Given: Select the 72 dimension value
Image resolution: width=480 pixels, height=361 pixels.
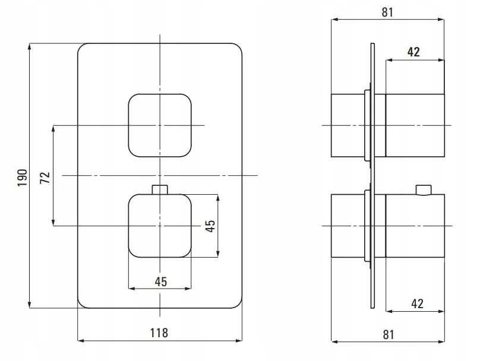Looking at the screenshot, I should (44, 176).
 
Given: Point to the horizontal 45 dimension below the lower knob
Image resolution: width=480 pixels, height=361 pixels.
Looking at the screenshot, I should (160, 282).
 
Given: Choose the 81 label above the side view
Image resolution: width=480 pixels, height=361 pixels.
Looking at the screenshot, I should (388, 12).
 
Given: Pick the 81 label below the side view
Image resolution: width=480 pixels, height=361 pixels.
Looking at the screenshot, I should (388, 334).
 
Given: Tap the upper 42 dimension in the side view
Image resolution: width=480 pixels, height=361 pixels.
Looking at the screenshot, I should (413, 52).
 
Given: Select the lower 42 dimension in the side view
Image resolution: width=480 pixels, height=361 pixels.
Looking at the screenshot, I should (416, 303).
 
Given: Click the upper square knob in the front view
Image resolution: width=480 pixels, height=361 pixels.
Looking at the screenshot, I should (160, 125).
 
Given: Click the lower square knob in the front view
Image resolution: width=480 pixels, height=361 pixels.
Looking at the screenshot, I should (160, 226).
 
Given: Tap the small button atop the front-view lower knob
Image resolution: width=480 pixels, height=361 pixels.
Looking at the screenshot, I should (160, 190).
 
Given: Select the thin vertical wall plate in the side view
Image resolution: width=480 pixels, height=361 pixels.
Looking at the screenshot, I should (372, 176).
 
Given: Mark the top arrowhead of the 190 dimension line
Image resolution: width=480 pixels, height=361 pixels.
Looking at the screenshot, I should (29, 46).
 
